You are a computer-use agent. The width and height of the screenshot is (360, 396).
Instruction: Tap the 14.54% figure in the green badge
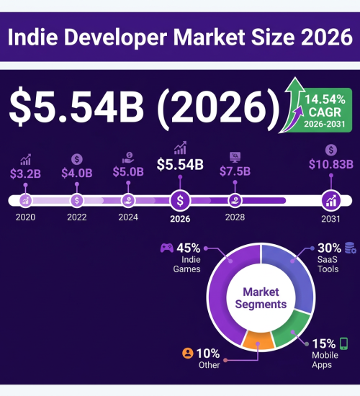tap(325, 99)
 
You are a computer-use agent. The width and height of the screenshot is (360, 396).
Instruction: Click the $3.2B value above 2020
tap(25, 174)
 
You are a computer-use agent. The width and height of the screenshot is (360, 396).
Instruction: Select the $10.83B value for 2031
tap(331, 164)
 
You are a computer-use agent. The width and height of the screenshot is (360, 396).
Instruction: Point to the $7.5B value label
tap(235, 171)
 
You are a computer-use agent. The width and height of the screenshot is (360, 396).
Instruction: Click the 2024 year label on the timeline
tap(128, 217)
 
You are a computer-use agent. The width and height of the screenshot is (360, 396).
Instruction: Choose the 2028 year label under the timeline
tap(235, 217)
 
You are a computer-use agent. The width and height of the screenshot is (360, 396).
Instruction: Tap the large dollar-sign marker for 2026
tap(180, 201)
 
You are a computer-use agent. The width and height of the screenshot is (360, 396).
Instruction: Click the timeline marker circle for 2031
tap(331, 201)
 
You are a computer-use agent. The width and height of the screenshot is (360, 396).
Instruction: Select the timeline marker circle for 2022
tap(77, 201)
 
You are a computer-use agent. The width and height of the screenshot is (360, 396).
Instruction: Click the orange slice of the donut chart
tap(258, 340)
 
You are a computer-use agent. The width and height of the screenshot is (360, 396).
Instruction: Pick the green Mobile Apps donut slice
tap(291, 330)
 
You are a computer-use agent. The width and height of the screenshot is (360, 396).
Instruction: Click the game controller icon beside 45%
tap(167, 248)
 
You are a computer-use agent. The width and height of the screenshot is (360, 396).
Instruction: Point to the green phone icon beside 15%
tap(344, 343)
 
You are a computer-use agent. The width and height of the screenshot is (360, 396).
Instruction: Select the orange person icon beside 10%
tap(187, 353)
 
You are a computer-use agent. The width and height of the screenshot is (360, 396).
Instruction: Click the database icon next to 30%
tap(351, 248)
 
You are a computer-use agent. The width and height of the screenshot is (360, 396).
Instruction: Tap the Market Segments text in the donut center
tap(261, 298)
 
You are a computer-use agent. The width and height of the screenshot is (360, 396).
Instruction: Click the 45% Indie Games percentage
tap(189, 248)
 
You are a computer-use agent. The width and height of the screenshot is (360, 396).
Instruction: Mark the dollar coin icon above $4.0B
tap(77, 159)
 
